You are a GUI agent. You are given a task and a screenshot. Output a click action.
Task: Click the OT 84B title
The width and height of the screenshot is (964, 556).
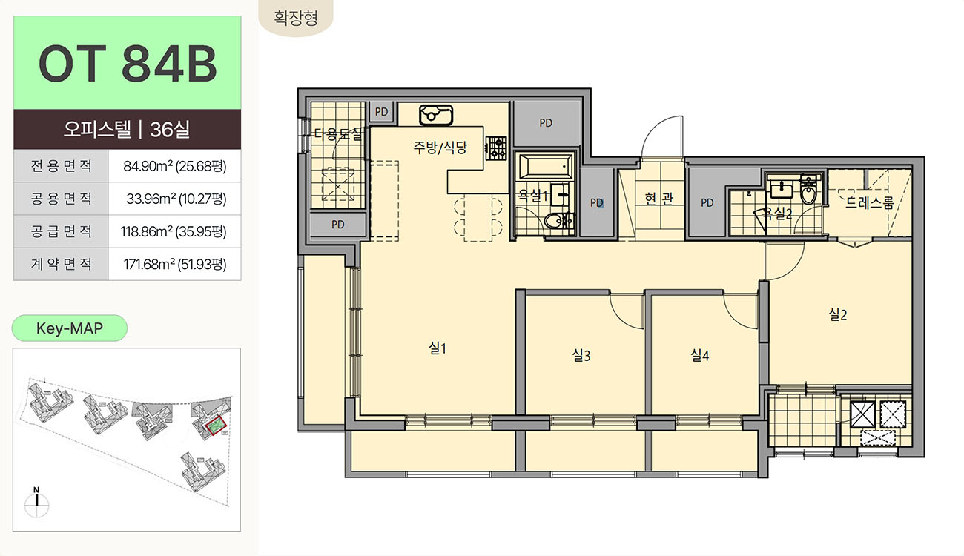tap(128, 63)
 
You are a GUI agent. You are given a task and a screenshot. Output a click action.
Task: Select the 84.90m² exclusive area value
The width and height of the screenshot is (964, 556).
tap(175, 165)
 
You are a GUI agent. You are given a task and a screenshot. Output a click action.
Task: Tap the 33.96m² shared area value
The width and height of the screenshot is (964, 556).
tap(176, 199)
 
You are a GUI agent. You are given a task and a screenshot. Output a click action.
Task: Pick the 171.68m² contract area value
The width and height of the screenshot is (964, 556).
tap(175, 264)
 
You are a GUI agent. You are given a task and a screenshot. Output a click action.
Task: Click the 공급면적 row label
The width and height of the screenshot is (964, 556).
tap(61, 231)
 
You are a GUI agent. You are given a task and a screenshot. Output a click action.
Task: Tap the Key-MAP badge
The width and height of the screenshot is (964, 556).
tap(69, 328)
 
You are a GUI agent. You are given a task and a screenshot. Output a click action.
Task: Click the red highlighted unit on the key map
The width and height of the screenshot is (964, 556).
tap(216, 426)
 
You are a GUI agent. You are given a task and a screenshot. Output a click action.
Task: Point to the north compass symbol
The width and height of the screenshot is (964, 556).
tap(36, 502)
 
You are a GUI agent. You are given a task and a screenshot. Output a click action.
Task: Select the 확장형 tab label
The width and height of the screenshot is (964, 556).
tap(296, 18)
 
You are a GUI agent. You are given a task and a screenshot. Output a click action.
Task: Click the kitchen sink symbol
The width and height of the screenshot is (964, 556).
tap(436, 114)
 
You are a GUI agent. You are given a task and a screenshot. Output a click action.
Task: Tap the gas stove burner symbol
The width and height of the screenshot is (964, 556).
tap(496, 148)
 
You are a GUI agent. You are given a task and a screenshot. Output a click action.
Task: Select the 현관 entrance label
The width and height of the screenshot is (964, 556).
tap(658, 198)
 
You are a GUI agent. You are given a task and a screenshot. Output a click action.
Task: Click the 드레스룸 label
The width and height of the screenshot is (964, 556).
tap(870, 202)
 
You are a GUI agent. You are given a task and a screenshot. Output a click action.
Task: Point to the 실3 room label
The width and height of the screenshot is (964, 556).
tap(581, 355)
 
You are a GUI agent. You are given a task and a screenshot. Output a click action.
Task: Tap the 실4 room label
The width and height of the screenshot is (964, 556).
tap(699, 355)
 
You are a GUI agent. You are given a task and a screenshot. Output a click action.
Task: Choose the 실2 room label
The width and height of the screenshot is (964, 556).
tap(837, 314)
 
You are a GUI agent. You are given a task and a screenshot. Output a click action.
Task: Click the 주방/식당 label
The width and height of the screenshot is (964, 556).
tap(440, 148)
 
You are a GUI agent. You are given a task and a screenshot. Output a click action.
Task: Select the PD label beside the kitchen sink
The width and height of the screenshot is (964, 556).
tap(381, 112)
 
